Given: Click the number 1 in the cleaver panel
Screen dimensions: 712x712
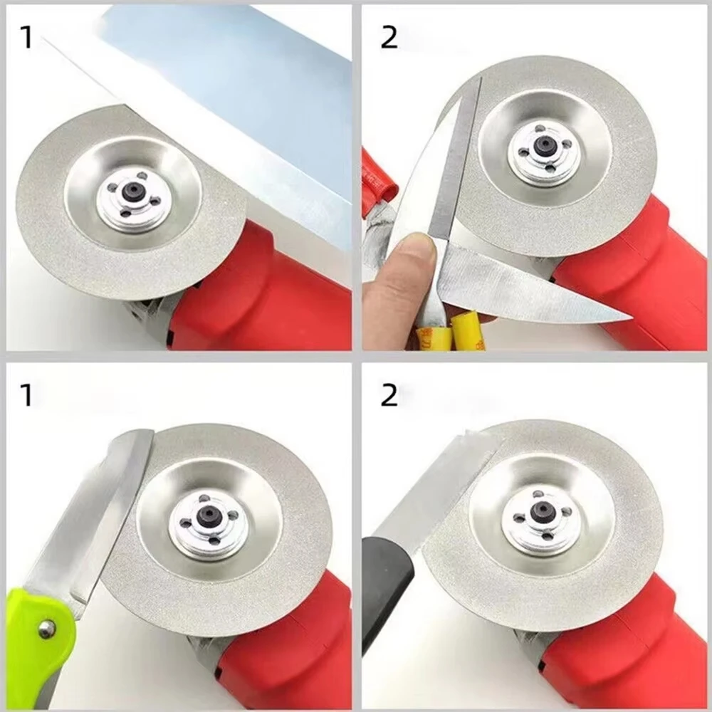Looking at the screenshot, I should coord(26,37).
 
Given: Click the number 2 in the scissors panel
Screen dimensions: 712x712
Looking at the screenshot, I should coord(389,37).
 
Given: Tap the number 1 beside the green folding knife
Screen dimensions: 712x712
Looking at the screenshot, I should coord(26,394).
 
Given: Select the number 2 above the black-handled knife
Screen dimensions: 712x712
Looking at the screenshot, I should coord(389,394).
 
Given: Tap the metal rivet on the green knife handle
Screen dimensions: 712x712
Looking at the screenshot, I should coord(47,628).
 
